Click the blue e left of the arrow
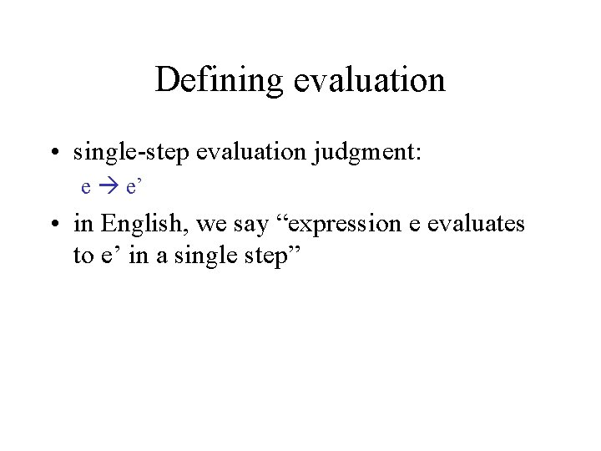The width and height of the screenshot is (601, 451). (86, 187)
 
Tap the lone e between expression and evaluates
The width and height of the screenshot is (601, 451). (400, 224)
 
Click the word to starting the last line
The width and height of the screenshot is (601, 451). (83, 255)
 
